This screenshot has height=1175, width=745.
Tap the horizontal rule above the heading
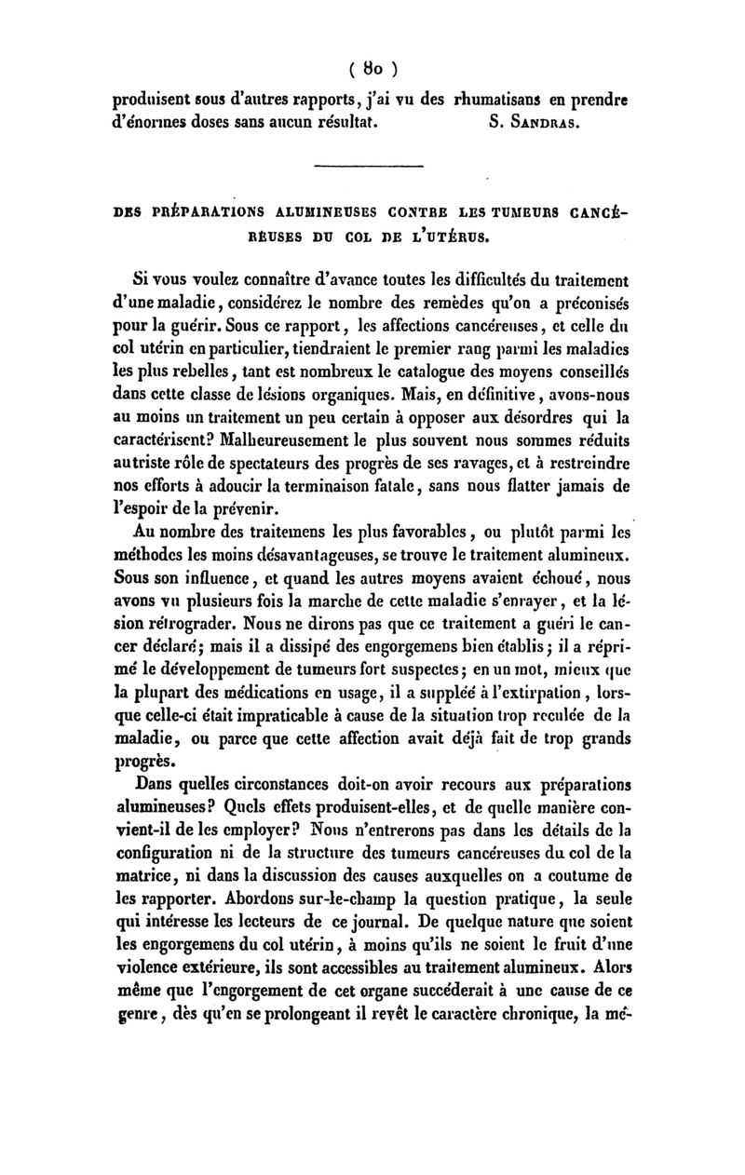coord(369,168)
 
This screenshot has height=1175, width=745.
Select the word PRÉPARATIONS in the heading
coord(192,212)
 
